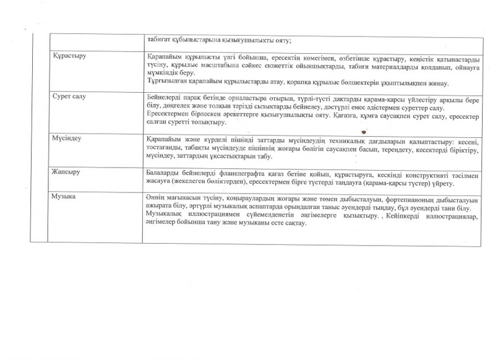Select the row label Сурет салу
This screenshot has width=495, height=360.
[69, 98]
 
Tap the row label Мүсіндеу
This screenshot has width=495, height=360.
[68, 137]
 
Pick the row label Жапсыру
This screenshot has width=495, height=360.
[67, 170]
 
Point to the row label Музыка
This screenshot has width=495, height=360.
[66, 197]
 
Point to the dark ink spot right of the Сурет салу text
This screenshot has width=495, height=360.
[364, 131]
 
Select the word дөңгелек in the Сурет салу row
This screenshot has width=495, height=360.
[173, 106]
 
